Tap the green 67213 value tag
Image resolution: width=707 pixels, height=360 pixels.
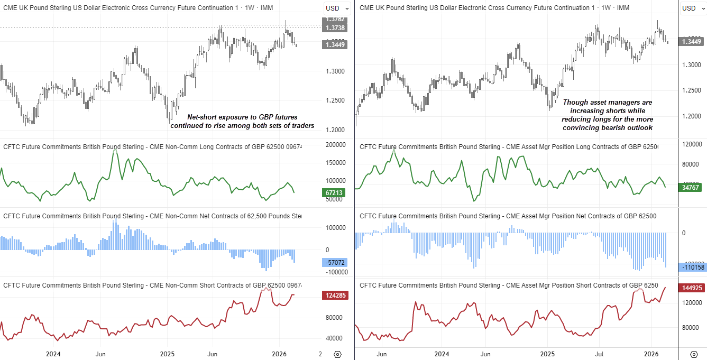(333, 193)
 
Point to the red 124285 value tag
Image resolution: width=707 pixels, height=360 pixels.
(334, 296)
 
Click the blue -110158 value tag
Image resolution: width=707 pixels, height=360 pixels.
(692, 267)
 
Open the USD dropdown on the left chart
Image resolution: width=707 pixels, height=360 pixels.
(337, 8)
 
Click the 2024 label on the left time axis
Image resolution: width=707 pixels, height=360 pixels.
(53, 354)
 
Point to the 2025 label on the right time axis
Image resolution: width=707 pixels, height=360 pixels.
(547, 354)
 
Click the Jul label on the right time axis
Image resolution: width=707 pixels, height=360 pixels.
(600, 354)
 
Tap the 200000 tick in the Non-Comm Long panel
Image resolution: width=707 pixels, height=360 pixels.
(334, 145)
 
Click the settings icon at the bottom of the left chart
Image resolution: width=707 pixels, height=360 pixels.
(338, 354)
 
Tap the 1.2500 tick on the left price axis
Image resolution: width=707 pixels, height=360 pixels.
(334, 100)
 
